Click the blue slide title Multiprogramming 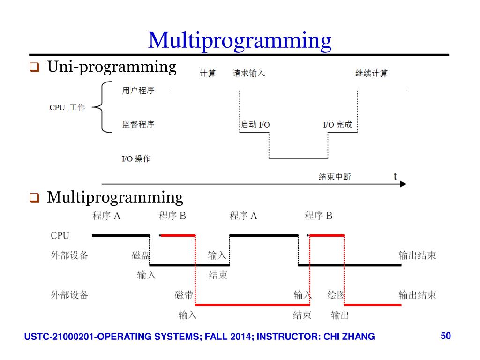pos(240,41)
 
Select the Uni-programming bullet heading pos(112,67)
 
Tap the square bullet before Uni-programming pos(34,67)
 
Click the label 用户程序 pos(138,90)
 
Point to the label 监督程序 pos(138,124)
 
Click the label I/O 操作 pos(136,158)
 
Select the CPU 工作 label pos(67,107)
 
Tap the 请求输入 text pos(248,73)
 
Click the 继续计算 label pos(371,73)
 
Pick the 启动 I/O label pos(255,125)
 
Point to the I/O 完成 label pos(337,125)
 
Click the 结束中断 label pos(335,177)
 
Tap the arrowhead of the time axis pos(403,184)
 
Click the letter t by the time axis pos(395,176)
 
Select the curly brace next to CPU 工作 pos(102,107)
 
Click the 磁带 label pos(184,295)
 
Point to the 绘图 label pos(337,295)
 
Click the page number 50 pos(446,336)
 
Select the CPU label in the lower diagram pos(60,235)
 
